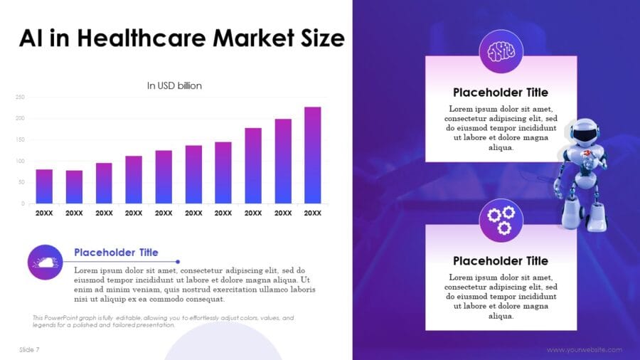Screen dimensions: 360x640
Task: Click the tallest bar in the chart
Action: point(312,155)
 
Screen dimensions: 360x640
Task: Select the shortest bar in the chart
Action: point(74,186)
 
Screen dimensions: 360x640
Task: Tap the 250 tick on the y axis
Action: point(20,97)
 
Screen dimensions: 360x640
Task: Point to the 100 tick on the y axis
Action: point(20,161)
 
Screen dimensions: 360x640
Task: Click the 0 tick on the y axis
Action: point(23,203)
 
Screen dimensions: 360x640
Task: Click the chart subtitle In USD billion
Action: point(174,85)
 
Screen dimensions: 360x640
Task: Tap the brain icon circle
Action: point(501,51)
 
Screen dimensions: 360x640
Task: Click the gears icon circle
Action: point(501,221)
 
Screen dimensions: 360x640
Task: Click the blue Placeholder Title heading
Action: point(116,253)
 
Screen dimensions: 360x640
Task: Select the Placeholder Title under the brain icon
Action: point(501,92)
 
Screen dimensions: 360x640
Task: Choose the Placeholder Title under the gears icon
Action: point(501,260)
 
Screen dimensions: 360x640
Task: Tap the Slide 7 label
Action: point(29,349)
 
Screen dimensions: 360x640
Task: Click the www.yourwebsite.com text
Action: point(585,349)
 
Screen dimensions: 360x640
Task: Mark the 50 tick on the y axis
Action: point(21,182)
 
